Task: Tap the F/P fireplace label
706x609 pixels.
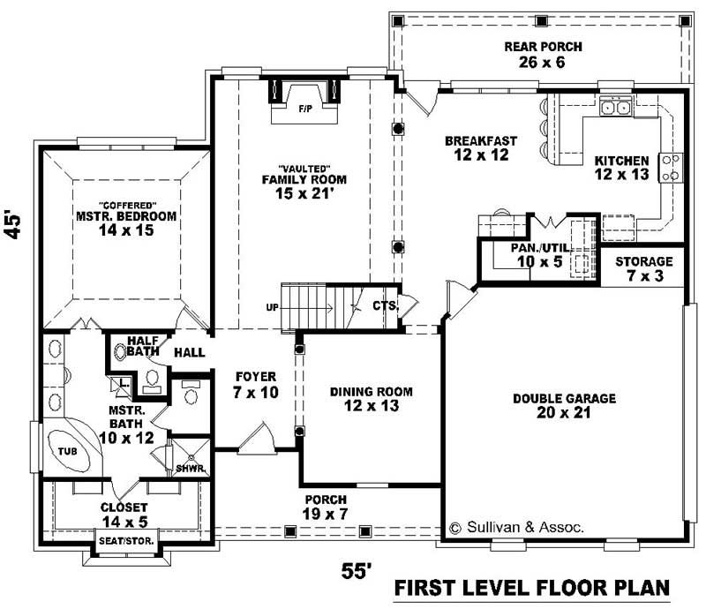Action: click(305, 109)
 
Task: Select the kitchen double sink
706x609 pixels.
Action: click(615, 108)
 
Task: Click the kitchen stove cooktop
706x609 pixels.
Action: click(671, 167)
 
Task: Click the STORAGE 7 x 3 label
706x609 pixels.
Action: click(643, 268)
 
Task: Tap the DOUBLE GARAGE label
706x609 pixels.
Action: click(564, 405)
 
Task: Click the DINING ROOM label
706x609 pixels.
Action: click(371, 399)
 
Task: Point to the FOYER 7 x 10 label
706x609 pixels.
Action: click(256, 383)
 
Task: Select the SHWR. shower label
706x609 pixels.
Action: click(188, 468)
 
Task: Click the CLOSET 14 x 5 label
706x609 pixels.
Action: click(123, 515)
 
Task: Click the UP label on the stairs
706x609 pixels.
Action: click(271, 308)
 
